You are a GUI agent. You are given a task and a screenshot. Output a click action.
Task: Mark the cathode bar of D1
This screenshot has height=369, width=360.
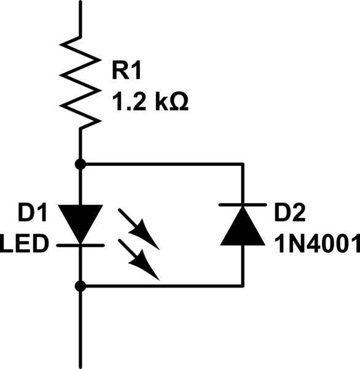point(80,245)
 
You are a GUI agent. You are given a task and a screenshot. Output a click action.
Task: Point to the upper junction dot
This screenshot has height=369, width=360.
point(80,164)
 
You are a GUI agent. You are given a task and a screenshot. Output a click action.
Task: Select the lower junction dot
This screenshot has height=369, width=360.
point(80,285)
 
